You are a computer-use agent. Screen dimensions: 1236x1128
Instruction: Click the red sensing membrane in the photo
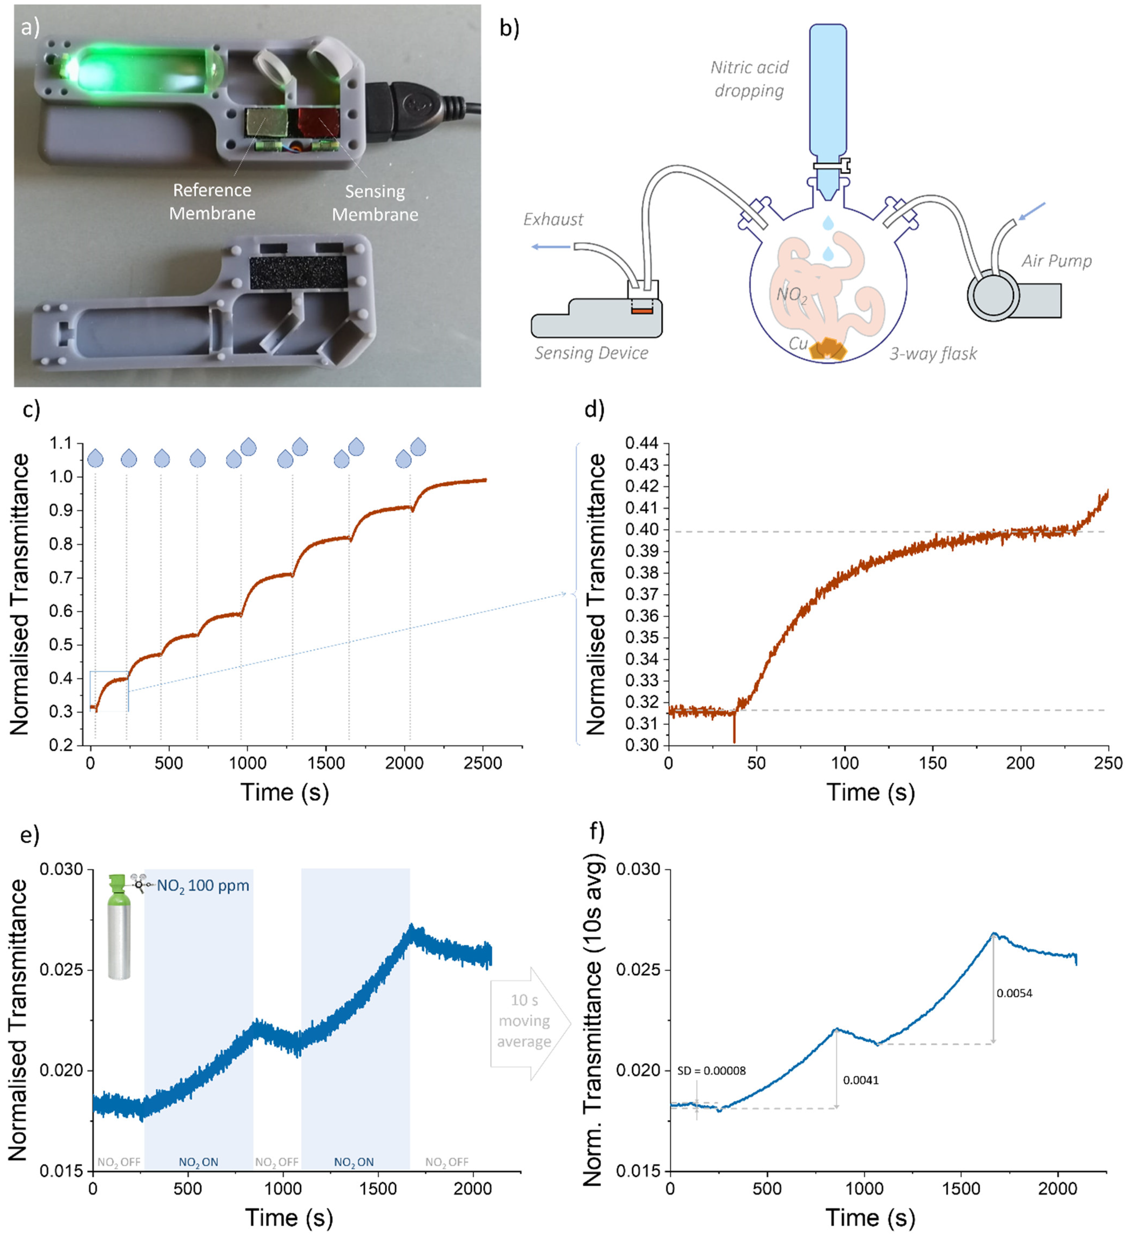pos(318,122)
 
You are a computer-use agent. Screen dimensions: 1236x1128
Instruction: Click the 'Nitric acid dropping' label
pos(749,79)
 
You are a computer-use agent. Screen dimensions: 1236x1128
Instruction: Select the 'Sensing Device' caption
pos(591,353)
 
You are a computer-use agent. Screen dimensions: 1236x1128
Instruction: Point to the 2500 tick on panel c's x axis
pos(483,763)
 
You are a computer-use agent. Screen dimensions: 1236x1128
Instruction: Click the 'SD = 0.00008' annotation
pos(711,1070)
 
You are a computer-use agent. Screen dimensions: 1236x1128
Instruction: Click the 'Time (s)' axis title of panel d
pos(871,792)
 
